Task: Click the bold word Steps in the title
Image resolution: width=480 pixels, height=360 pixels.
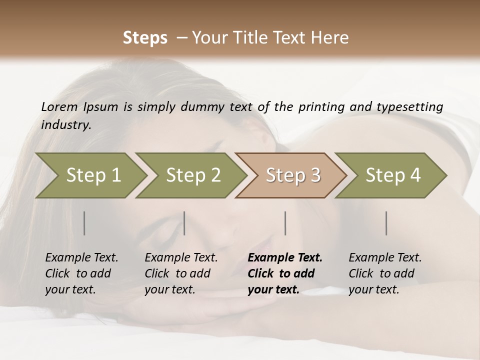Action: [145, 38]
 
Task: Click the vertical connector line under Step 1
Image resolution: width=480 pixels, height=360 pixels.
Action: [84, 223]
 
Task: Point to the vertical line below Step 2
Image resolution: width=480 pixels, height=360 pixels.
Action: [184, 223]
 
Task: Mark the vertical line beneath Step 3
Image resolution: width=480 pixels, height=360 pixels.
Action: [285, 223]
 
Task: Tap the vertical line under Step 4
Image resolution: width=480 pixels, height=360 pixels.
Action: [386, 223]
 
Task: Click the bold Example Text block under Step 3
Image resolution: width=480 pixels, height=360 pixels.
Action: [284, 273]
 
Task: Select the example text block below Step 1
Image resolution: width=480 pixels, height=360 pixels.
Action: [81, 273]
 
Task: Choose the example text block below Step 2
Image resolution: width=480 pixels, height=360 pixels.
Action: [181, 273]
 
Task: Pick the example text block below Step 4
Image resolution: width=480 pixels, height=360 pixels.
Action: [385, 273]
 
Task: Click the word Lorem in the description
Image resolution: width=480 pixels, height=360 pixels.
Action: [59, 106]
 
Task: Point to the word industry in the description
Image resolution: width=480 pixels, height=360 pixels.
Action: [65, 125]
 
